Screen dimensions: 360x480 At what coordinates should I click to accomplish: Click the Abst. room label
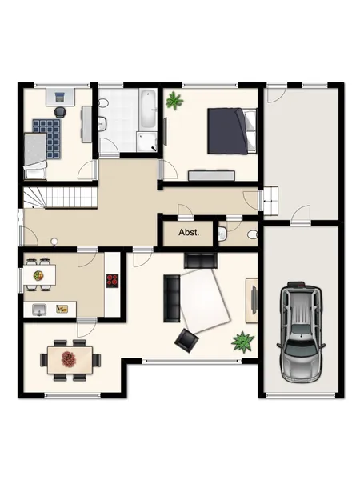click(189, 232)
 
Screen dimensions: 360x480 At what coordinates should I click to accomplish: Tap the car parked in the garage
click(301, 331)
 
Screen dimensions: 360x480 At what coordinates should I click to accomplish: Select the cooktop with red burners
click(112, 281)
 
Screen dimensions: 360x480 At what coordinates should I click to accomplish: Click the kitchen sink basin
click(39, 310)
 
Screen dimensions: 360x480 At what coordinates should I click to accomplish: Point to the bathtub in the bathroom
click(149, 108)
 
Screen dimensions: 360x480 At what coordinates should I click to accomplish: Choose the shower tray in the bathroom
click(146, 142)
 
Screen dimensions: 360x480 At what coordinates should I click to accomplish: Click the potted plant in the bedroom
click(174, 101)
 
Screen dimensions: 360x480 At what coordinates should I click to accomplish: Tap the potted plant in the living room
click(242, 342)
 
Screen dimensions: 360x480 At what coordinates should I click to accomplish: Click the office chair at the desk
click(61, 112)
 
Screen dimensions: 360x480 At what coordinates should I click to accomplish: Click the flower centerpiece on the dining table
click(69, 359)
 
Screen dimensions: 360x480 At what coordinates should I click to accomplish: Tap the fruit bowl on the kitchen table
click(38, 275)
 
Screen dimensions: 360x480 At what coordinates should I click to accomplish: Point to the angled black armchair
click(186, 341)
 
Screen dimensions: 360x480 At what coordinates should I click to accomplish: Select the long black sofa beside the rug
click(172, 298)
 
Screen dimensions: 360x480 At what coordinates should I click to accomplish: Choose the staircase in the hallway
click(60, 198)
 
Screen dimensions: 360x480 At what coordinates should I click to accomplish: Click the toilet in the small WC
click(253, 234)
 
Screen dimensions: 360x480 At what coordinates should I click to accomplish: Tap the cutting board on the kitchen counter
click(62, 309)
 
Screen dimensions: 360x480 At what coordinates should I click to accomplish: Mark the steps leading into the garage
click(270, 201)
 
